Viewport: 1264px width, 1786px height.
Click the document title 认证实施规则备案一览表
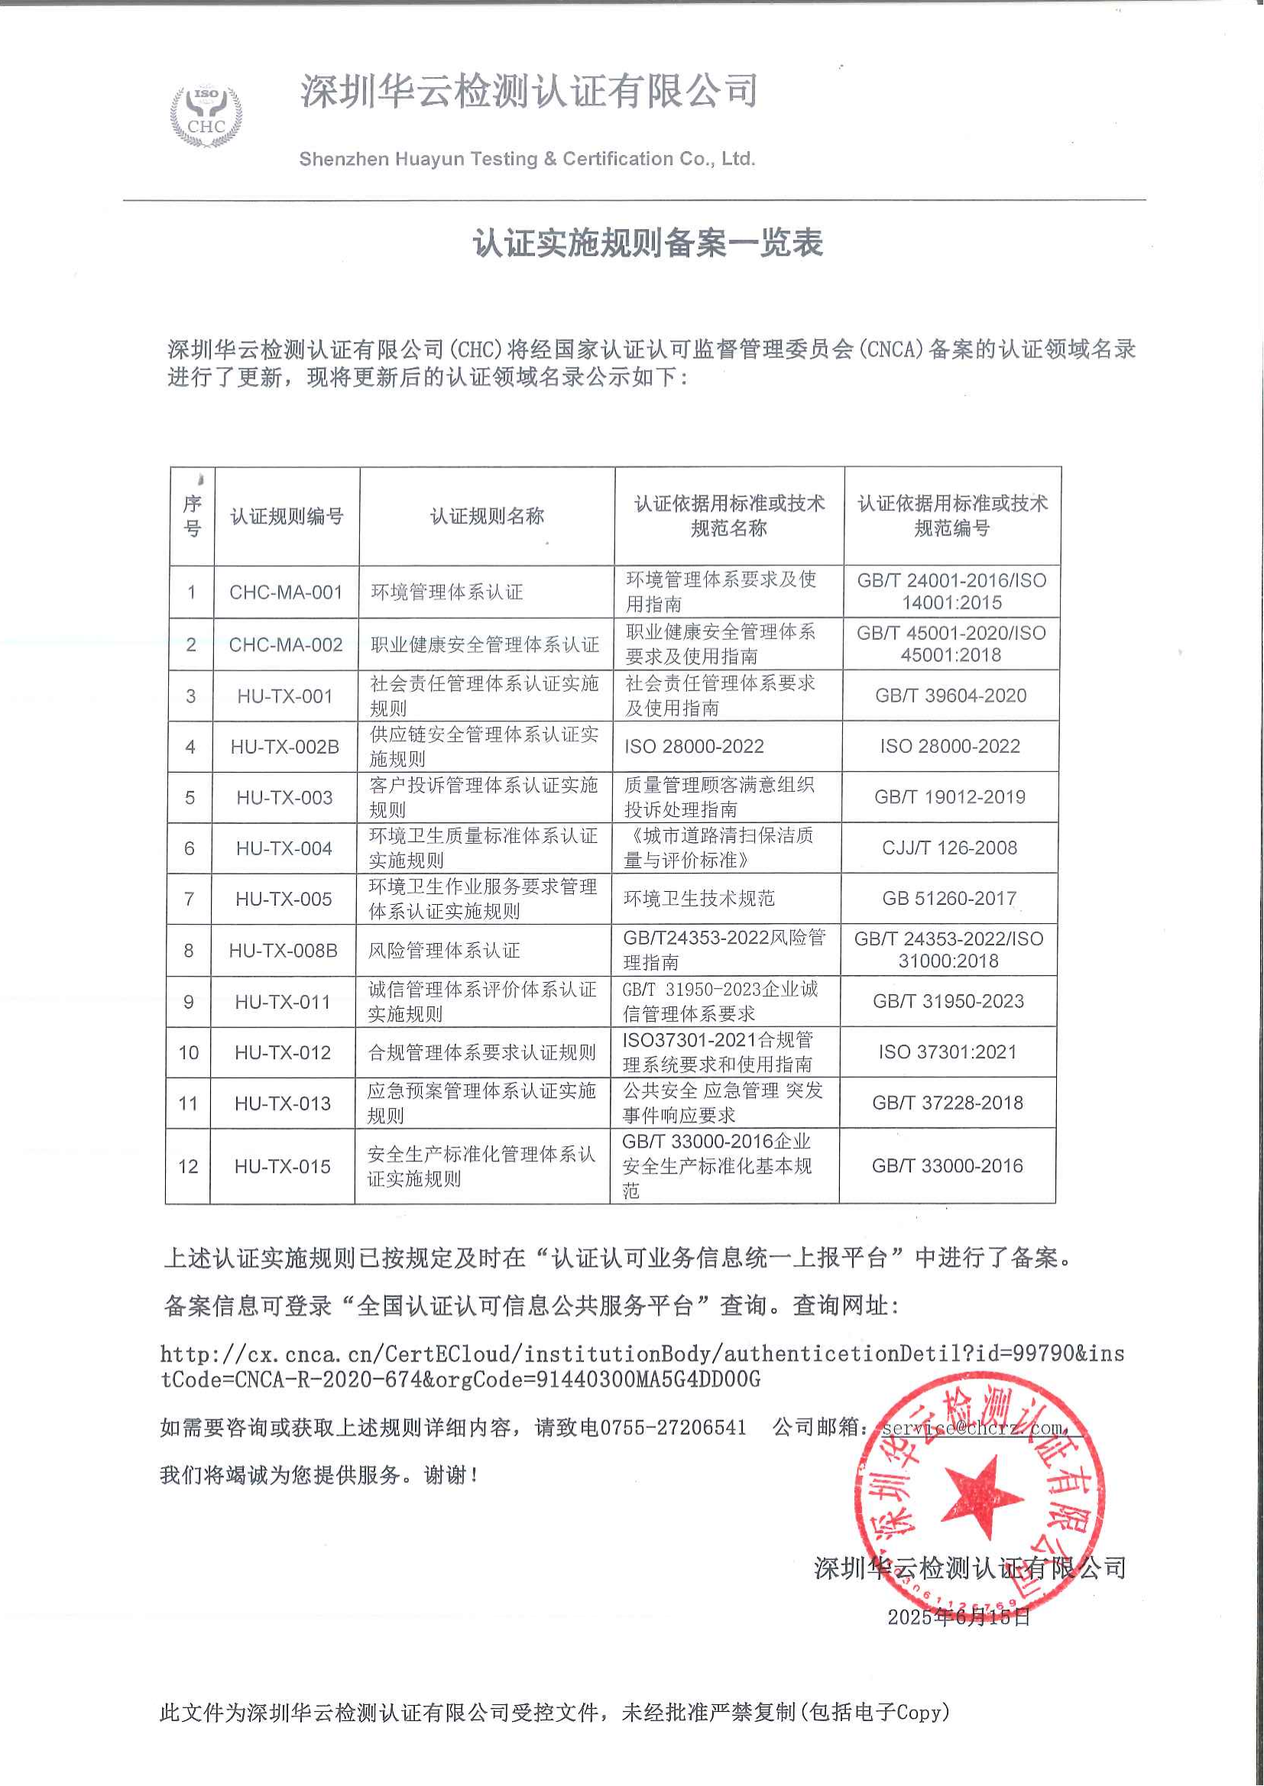click(x=647, y=244)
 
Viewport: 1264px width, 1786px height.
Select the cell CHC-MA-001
click(x=286, y=592)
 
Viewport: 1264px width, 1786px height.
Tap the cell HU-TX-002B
click(x=285, y=747)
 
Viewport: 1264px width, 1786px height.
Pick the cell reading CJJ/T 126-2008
click(x=950, y=848)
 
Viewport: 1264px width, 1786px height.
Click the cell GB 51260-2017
click(x=950, y=899)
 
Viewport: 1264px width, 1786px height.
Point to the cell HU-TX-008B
click(x=284, y=951)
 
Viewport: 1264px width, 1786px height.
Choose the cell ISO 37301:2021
click(x=948, y=1051)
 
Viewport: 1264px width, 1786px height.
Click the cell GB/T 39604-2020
click(x=951, y=696)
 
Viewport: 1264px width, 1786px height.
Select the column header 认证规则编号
click(x=287, y=516)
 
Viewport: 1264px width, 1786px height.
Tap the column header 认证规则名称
click(x=488, y=516)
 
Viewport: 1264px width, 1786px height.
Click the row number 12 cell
click(x=188, y=1166)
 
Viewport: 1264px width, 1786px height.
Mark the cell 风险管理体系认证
click(x=445, y=951)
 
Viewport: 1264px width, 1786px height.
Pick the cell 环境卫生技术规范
click(x=700, y=899)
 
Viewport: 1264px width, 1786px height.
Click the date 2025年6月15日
click(x=959, y=1617)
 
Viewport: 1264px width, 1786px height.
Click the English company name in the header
click(x=528, y=160)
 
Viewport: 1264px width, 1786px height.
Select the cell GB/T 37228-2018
click(x=948, y=1103)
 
